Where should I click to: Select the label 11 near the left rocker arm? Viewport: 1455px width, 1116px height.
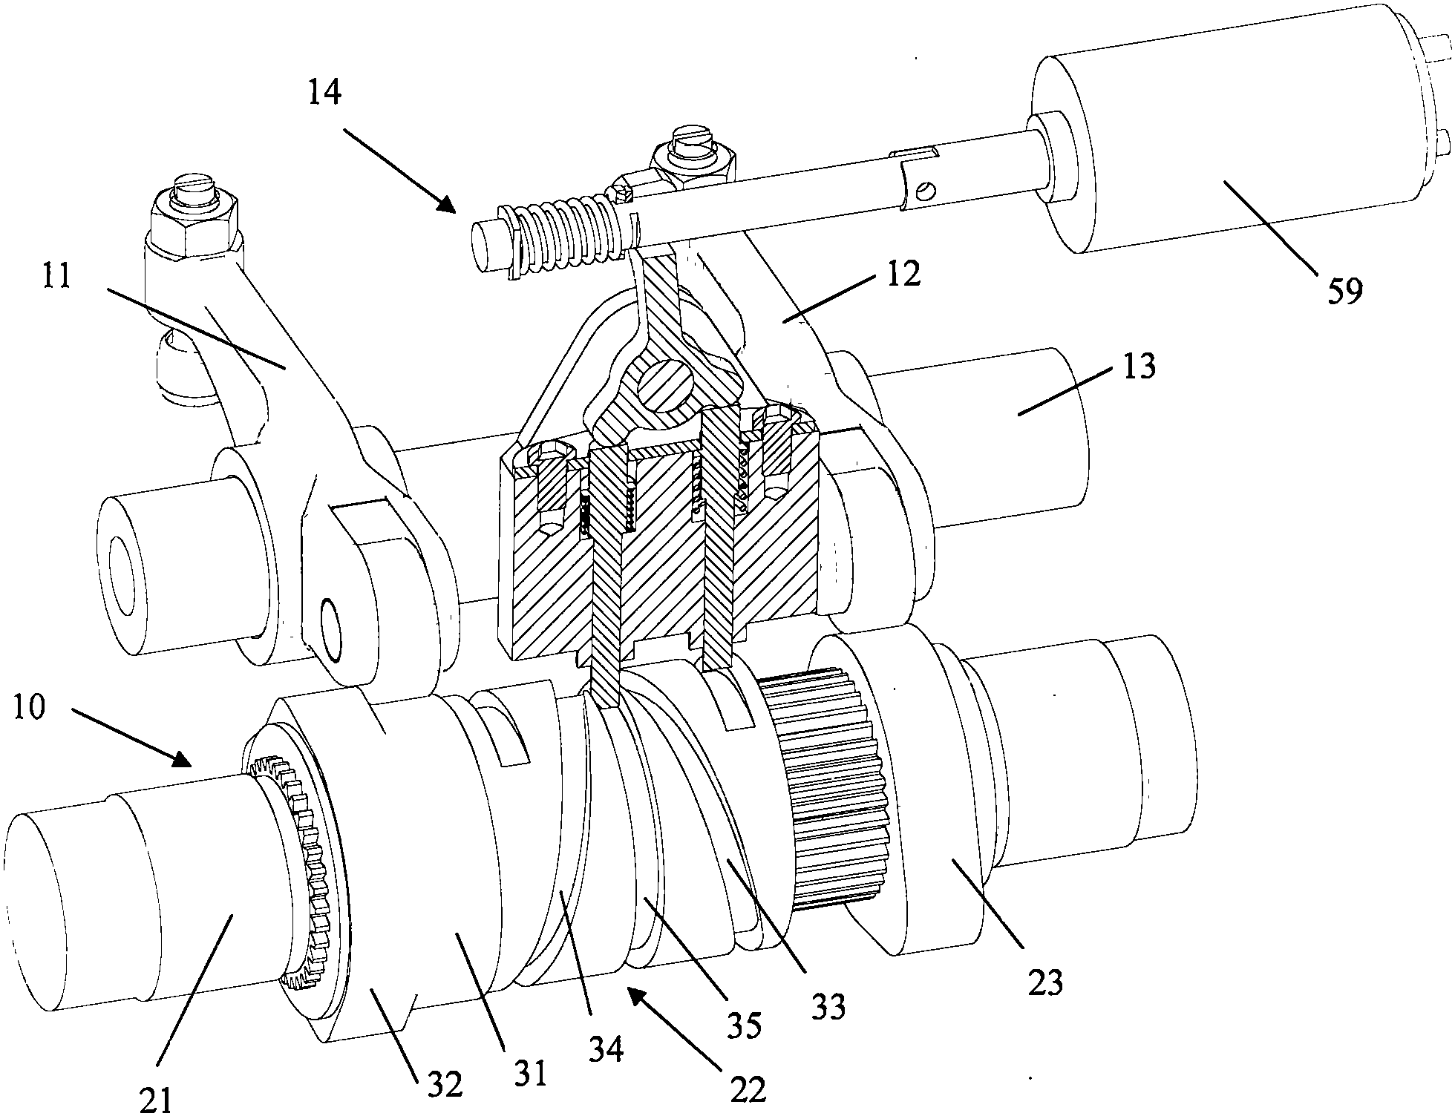pos(56,276)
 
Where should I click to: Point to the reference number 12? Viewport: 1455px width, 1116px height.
pos(902,274)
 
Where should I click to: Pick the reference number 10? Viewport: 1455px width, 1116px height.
pos(29,707)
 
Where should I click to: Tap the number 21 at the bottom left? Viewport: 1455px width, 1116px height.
pos(157,1098)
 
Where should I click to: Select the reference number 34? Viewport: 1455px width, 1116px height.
pos(606,1049)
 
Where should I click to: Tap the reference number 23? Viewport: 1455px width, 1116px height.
pos(1044,982)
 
